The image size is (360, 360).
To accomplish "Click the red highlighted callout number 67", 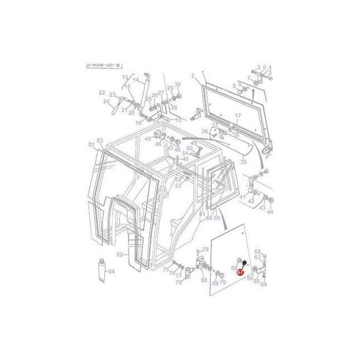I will [x=240, y=272].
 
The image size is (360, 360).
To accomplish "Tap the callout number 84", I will [x=112, y=272].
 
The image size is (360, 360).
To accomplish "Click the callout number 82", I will [x=119, y=255].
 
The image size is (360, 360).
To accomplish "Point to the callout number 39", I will [x=243, y=162].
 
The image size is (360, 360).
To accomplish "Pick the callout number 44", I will [x=270, y=212].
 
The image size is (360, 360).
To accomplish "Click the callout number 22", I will [x=102, y=93].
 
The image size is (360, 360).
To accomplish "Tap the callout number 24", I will [x=106, y=102].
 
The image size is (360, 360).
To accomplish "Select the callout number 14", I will [x=136, y=80].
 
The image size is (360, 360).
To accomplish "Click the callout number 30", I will [x=178, y=84].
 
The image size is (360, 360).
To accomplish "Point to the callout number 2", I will [x=193, y=75].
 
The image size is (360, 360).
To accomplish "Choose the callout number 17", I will [x=238, y=116].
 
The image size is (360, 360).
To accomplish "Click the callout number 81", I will [x=92, y=145].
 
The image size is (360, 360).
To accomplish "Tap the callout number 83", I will [x=100, y=140].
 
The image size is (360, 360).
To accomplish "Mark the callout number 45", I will [x=148, y=138].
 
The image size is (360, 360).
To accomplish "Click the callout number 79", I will [x=205, y=249].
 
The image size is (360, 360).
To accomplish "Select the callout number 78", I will [x=179, y=282].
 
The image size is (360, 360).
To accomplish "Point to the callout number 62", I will [x=258, y=252].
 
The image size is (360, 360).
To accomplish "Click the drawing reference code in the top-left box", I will [x=103, y=65].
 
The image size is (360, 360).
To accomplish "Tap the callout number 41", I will [x=242, y=197].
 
